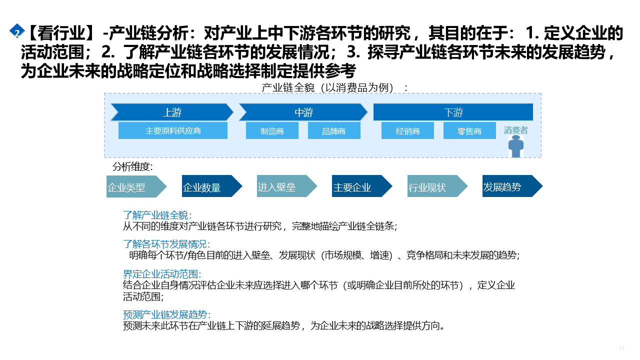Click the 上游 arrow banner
(x=172, y=112)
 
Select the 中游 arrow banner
(x=303, y=112)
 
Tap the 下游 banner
(x=453, y=112)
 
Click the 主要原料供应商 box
(x=173, y=131)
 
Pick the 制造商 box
(x=272, y=131)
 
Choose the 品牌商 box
(x=333, y=131)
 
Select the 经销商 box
(x=407, y=131)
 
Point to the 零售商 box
(x=469, y=131)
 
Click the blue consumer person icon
(x=515, y=146)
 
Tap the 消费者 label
(x=515, y=130)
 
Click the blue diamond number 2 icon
(x=17, y=31)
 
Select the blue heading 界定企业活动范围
(x=162, y=274)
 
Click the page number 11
(x=622, y=348)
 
